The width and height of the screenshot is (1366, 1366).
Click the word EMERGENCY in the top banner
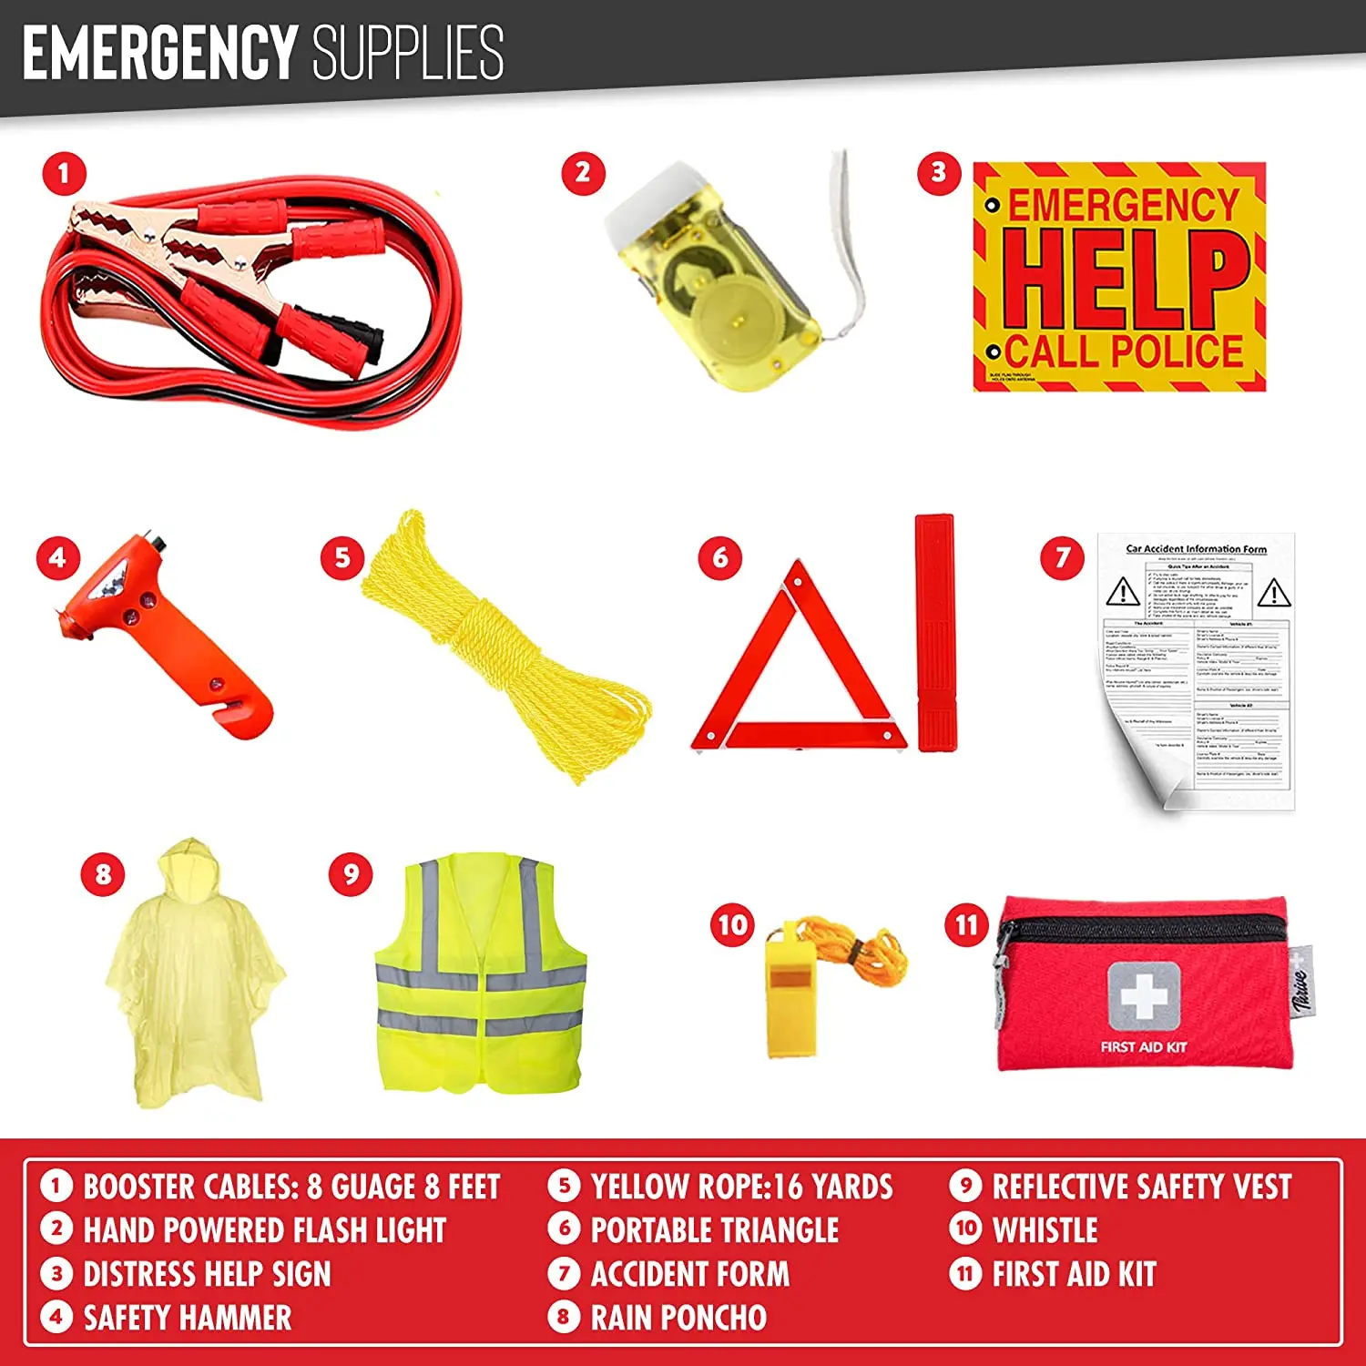[x=159, y=52]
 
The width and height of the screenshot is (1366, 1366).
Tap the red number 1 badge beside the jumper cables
[x=64, y=173]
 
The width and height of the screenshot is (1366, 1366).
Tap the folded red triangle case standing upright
[x=935, y=633]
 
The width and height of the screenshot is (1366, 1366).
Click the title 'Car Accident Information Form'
[x=1196, y=549]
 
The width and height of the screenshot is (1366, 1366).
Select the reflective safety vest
[x=480, y=974]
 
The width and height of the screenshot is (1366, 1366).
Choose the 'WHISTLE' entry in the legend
[x=1045, y=1230]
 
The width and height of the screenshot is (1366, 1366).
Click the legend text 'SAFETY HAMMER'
[x=188, y=1318]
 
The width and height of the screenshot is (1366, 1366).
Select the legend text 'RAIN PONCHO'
[x=678, y=1318]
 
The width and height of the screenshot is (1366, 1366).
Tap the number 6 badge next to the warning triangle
[x=720, y=557]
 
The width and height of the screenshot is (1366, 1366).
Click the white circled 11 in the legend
[x=965, y=1273]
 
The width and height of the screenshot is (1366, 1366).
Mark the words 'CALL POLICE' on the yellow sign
[x=1125, y=352]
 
